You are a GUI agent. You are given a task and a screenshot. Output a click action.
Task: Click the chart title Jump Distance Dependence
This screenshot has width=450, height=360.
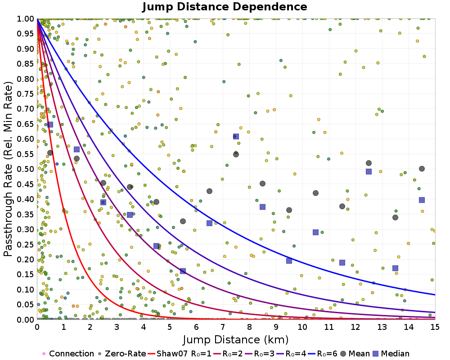click(225, 7)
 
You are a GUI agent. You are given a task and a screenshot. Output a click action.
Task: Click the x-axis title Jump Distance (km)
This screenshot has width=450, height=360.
click(236, 339)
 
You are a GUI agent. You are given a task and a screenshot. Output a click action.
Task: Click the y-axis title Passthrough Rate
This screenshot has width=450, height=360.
click(9, 169)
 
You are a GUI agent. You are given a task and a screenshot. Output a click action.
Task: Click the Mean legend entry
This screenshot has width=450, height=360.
click(355, 354)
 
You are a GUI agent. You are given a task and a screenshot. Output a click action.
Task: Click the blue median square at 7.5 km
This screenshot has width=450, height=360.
click(236, 136)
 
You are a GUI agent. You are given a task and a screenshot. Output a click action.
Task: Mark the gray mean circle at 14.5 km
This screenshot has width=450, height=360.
click(422, 169)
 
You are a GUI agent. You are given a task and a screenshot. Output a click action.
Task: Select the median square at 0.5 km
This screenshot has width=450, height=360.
click(50, 125)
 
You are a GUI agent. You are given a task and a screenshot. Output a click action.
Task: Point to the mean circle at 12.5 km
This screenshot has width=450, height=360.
click(369, 163)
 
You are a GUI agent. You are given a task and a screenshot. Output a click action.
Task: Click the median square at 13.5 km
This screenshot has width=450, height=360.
click(395, 268)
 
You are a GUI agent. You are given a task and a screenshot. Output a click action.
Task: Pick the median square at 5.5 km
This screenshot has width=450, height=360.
click(183, 271)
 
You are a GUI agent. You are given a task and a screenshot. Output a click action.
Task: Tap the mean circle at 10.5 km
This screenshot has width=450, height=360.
click(315, 193)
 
